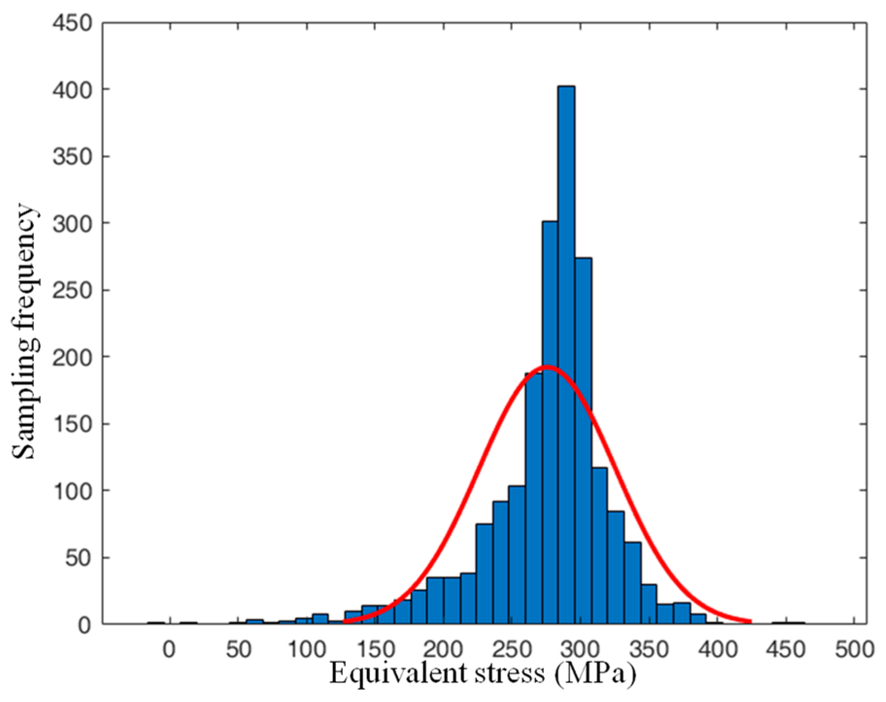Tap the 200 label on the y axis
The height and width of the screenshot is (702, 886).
pos(73,357)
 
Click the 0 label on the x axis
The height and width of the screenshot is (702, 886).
pos(169,649)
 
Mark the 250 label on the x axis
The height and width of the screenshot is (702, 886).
pos(512,649)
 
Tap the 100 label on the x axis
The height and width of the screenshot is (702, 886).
pos(306,649)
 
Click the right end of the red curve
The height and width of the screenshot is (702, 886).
pos(751,621)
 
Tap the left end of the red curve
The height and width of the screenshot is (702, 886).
pos(344,621)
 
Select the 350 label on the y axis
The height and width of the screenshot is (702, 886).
pos(73,156)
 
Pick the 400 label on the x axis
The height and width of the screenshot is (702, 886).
pos(718,649)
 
